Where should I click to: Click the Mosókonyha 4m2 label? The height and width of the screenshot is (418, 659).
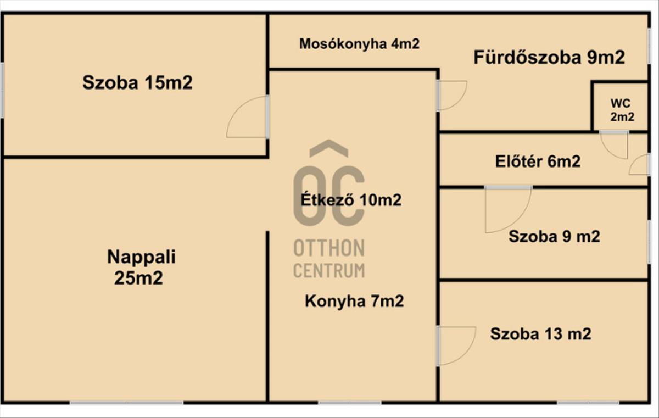359,44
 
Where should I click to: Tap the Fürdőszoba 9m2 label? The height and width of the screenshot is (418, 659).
549,58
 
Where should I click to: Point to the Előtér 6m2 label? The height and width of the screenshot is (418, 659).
538,161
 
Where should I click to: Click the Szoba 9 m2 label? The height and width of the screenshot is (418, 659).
554,237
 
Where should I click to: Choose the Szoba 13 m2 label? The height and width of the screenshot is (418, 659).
540,333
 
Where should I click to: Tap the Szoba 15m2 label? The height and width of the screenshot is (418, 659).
137,83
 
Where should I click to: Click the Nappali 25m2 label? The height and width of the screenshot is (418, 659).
138,267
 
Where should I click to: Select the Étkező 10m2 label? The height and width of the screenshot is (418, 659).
351,199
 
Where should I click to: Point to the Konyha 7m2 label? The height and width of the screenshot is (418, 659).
354,301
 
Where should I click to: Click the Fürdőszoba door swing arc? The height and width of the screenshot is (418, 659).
453,94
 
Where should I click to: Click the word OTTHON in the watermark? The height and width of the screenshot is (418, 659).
328,248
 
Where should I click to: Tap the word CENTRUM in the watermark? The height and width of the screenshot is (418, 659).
328,270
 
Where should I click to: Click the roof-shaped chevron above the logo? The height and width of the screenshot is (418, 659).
328,148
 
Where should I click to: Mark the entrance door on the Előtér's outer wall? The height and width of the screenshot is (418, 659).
640,165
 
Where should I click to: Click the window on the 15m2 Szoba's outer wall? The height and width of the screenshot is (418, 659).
2,90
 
